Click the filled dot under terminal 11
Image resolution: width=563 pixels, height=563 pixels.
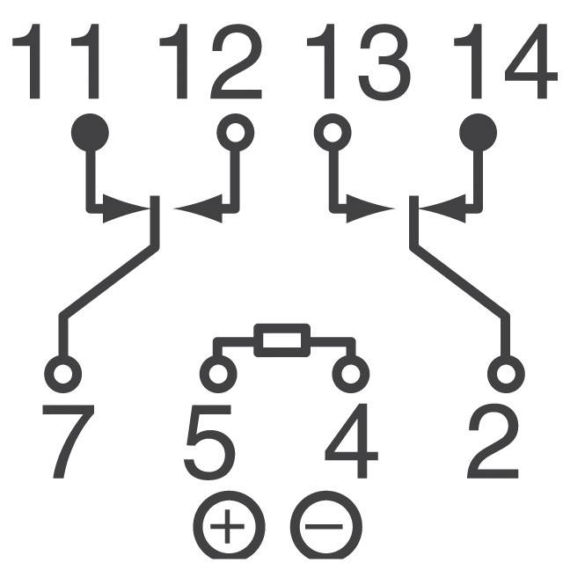(x=90, y=133)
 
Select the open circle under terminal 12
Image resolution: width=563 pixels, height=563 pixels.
(x=235, y=134)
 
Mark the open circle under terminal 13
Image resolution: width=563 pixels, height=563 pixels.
(x=332, y=134)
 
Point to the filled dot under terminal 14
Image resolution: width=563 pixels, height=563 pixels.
(x=479, y=133)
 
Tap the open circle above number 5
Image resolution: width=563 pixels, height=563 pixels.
(x=216, y=373)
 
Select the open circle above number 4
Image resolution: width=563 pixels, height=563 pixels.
(x=349, y=373)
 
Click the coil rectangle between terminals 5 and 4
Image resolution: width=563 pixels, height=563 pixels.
(x=282, y=340)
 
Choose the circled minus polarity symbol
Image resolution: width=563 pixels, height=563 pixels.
(x=325, y=527)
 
